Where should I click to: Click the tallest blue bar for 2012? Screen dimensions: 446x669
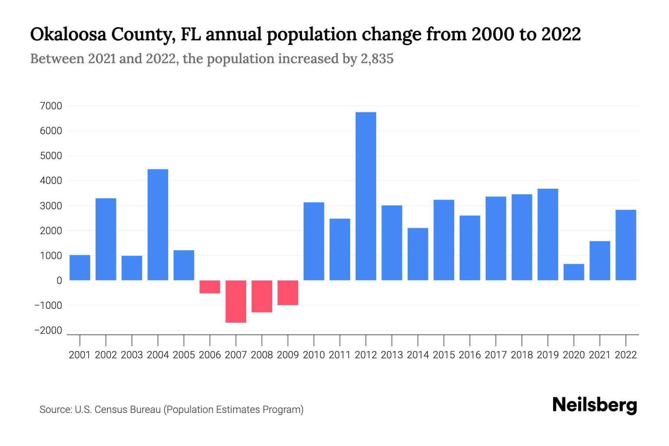pyautogui.click(x=366, y=196)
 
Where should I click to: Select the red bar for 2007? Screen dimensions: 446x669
pyautogui.click(x=236, y=301)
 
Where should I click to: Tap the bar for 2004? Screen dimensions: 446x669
pyautogui.click(x=158, y=225)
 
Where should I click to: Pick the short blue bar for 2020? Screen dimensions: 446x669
pyautogui.click(x=573, y=272)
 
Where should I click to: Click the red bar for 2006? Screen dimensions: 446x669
pyautogui.click(x=210, y=287)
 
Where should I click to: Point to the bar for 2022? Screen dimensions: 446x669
pyautogui.click(x=626, y=245)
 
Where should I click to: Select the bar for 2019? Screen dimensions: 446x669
pyautogui.click(x=547, y=235)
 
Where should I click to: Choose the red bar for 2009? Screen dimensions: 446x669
pyautogui.click(x=288, y=293)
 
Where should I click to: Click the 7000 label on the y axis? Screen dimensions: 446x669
pyautogui.click(x=51, y=106)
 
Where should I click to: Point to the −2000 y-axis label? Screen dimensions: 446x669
pyautogui.click(x=48, y=330)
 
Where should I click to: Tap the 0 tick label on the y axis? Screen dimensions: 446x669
pyautogui.click(x=59, y=281)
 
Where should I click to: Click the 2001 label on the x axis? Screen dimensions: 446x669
pyautogui.click(x=80, y=355)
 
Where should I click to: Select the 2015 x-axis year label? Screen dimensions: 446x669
pyautogui.click(x=444, y=355)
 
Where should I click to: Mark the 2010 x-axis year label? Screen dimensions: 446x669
pyautogui.click(x=314, y=355)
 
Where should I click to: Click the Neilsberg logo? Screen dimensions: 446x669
pyautogui.click(x=595, y=405)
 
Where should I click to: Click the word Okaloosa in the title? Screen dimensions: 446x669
pyautogui.click(x=67, y=35)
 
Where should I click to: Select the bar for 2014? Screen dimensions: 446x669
pyautogui.click(x=418, y=254)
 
